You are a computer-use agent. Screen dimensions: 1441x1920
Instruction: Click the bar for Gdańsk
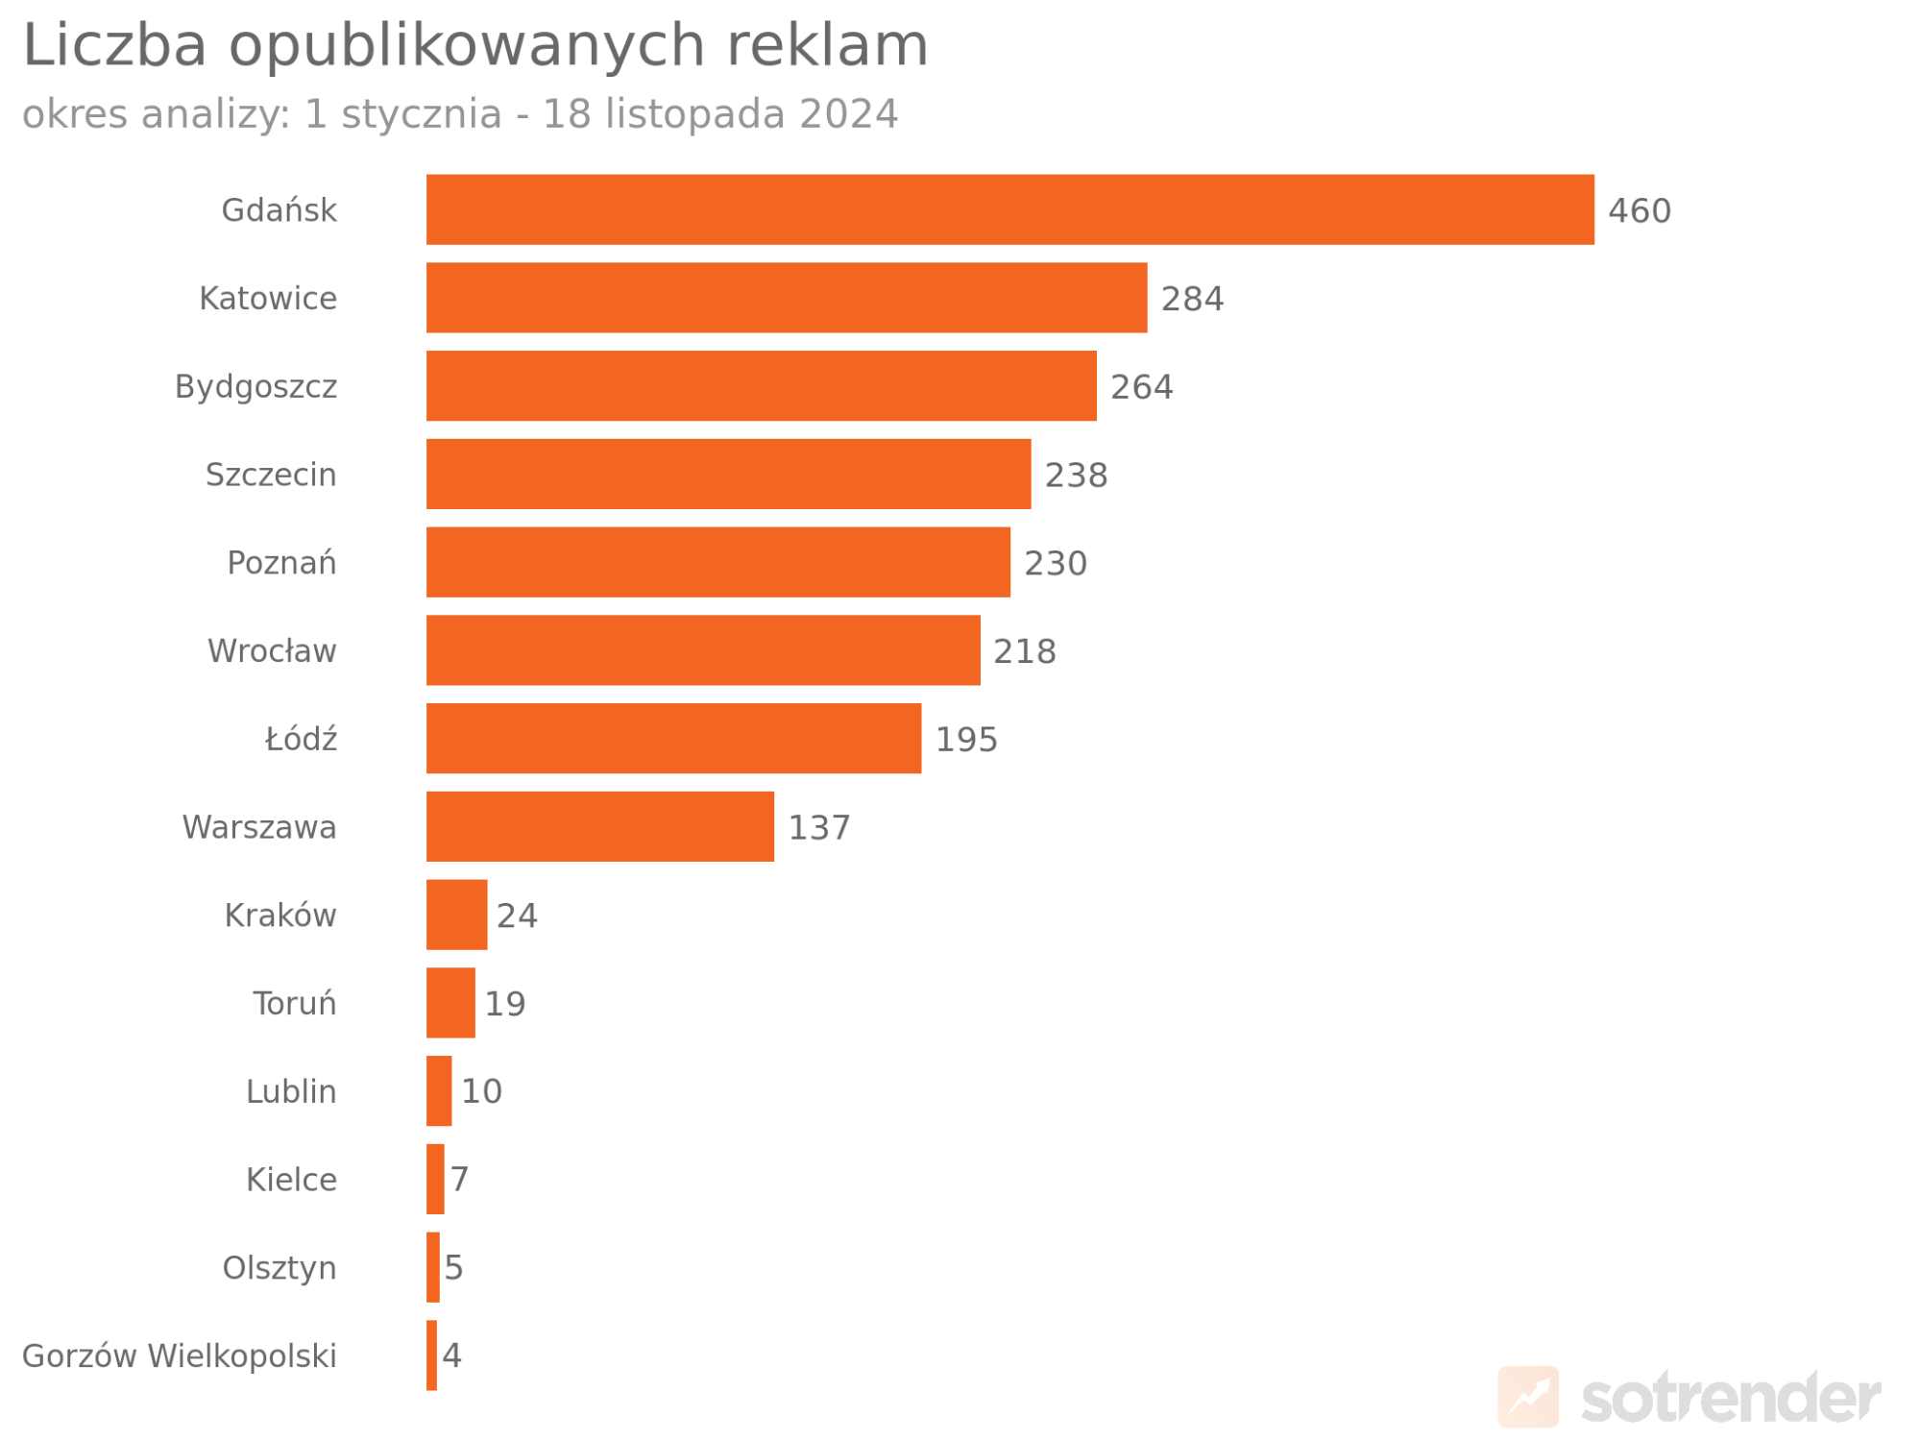click(x=1009, y=209)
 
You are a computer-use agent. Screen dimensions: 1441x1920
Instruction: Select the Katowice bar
click(x=786, y=298)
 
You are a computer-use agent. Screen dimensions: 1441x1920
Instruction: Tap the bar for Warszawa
click(x=599, y=826)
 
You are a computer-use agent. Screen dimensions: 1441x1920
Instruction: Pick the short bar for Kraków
click(x=456, y=915)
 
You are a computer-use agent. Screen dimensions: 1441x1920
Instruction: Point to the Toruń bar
click(x=450, y=1003)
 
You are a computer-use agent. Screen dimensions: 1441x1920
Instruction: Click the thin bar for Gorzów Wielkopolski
click(x=432, y=1355)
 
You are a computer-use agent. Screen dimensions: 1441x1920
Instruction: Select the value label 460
click(x=1640, y=210)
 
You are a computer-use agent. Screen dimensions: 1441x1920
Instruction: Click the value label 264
click(x=1141, y=387)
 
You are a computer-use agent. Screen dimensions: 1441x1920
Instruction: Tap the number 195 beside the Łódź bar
click(x=966, y=740)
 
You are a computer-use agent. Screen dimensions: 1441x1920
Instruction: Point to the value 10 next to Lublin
click(x=481, y=1091)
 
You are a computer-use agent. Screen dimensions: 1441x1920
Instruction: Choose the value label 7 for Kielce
click(x=460, y=1179)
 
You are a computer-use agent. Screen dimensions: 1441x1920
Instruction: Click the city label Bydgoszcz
click(x=255, y=387)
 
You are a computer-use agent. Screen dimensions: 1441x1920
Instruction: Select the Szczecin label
click(x=271, y=475)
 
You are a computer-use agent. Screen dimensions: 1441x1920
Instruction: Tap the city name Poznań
click(x=281, y=563)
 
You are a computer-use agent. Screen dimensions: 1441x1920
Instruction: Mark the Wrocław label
click(x=272, y=651)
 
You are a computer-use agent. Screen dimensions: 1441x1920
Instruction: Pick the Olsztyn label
click(x=279, y=1268)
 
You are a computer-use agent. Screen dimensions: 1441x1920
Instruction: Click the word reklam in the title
click(x=827, y=45)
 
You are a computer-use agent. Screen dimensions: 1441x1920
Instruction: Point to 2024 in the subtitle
click(x=848, y=114)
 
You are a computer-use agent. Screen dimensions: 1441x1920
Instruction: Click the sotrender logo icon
click(x=1528, y=1397)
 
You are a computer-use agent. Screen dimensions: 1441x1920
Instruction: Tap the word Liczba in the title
click(x=114, y=45)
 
